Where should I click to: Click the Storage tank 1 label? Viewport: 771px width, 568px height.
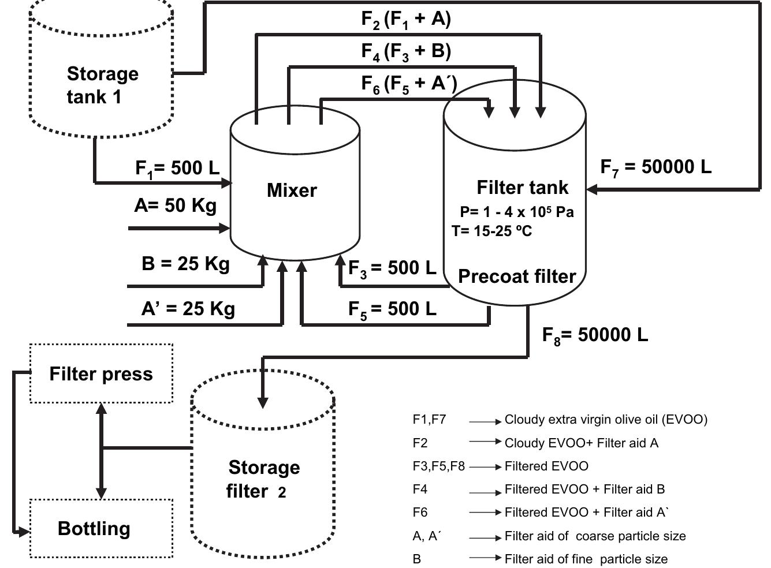pos(102,85)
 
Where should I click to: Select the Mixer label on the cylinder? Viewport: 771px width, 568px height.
pos(292,190)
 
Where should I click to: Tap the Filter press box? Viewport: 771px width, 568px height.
pos(101,373)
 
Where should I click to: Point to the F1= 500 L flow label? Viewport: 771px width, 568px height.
pos(177,168)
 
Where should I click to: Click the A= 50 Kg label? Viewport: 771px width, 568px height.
pos(175,205)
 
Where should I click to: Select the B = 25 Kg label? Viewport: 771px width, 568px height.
pos(185,264)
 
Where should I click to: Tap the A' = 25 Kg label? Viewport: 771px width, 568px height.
pos(188,309)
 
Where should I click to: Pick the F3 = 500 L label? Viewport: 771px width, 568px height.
pos(392,268)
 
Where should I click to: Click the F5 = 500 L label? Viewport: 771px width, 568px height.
pos(392,309)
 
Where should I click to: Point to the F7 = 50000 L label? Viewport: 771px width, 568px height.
pos(656,167)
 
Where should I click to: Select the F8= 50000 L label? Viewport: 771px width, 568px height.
pos(595,335)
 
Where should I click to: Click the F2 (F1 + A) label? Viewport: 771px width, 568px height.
pos(406,19)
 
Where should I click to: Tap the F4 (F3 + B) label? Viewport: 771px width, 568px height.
pos(406,51)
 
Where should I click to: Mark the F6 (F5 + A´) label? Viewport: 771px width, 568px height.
pos(409,84)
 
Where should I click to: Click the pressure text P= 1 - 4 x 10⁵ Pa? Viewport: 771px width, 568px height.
pos(516,212)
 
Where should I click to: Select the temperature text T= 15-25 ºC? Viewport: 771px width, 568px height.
pos(491,231)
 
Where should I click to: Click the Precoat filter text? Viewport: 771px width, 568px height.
pos(517,276)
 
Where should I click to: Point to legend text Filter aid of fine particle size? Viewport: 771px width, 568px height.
pos(586,559)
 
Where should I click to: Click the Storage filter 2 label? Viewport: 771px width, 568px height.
pos(263,479)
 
